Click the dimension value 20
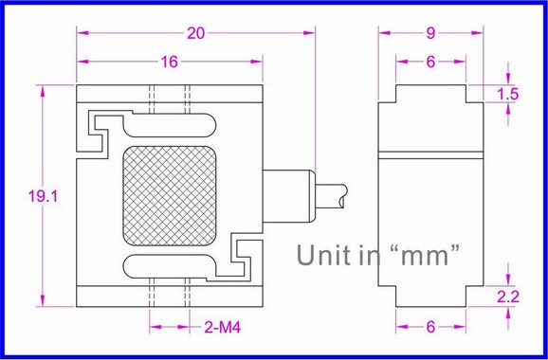[195, 33]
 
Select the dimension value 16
[170, 62]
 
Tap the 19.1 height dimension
[43, 196]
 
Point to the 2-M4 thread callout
[223, 328]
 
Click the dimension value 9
[430, 33]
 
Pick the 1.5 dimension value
[508, 95]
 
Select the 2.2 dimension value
[508, 297]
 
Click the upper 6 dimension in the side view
[430, 62]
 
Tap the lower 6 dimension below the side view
[430, 327]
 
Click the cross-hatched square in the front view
[170, 195]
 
